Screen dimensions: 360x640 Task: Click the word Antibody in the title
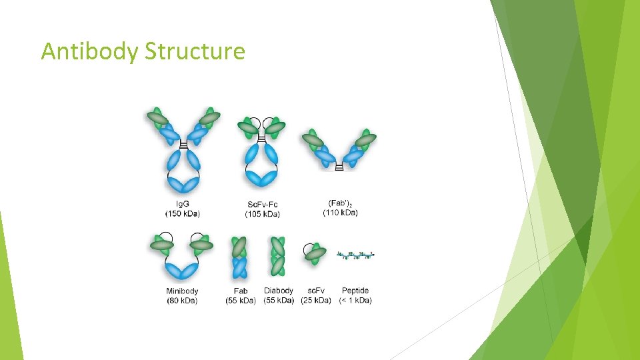tap(89, 51)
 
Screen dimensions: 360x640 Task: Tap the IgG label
tap(182, 203)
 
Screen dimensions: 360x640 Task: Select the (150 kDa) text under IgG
tap(182, 213)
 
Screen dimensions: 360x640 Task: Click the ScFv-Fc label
tap(263, 204)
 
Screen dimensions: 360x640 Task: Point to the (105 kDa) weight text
tap(263, 214)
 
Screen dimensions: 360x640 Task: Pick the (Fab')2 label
tap(340, 203)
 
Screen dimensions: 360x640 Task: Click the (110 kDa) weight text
tap(340, 213)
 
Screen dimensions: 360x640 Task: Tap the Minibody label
tap(182, 291)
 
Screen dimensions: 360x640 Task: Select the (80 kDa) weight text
tap(182, 301)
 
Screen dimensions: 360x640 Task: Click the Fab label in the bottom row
tap(241, 291)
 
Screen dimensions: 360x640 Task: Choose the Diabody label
tap(279, 291)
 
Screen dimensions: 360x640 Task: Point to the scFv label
tap(316, 291)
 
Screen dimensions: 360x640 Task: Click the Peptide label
tap(355, 291)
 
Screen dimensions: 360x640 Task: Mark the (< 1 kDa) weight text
tap(355, 301)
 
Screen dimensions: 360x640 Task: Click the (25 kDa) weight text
tap(316, 301)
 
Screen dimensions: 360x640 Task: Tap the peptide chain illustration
tap(356, 255)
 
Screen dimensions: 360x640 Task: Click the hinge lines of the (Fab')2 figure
tap(339, 167)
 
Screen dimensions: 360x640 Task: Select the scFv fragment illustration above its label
tap(314, 253)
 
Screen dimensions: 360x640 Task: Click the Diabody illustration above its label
tap(278, 255)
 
